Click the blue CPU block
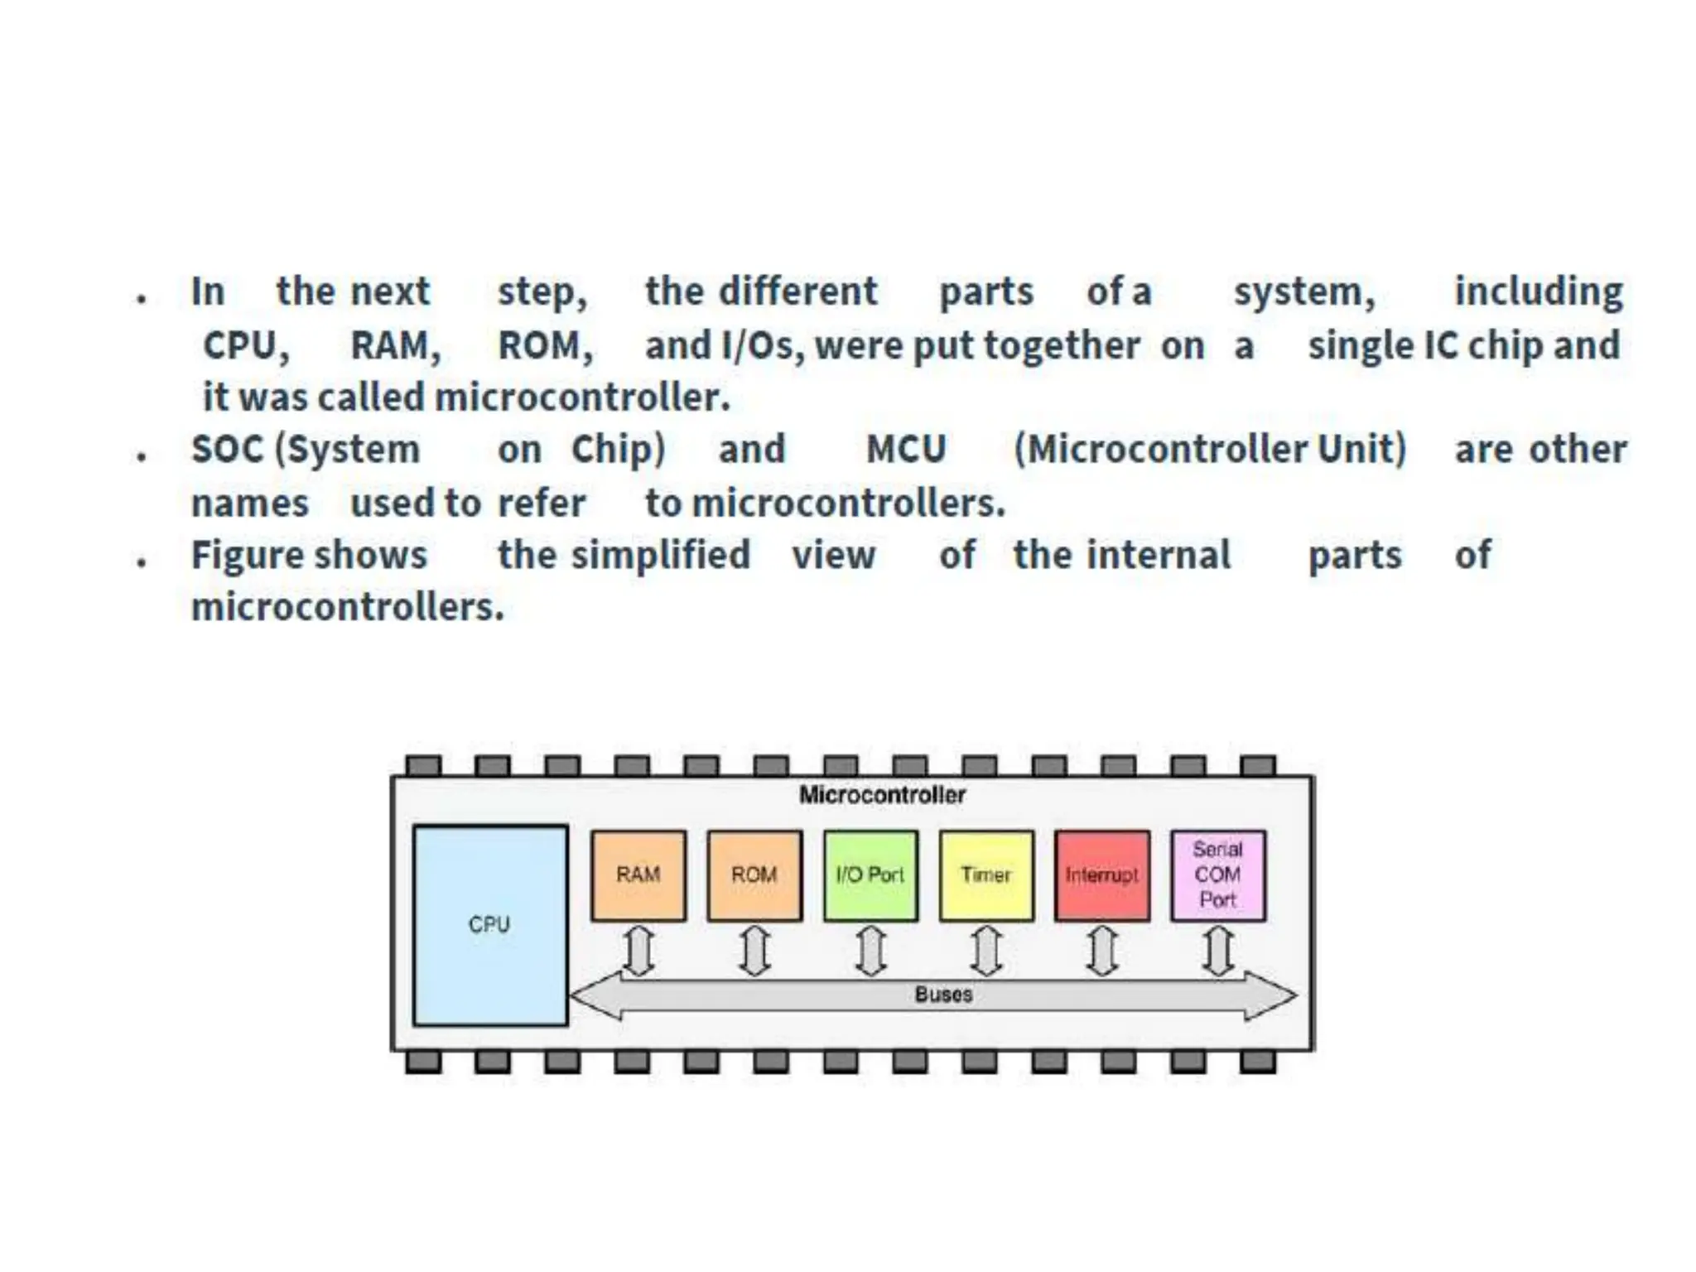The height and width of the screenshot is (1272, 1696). [490, 925]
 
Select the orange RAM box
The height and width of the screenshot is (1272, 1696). [638, 875]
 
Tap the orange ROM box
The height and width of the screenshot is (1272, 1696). [754, 875]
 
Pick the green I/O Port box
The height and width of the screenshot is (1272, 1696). [870, 875]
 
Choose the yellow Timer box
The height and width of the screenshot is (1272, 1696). [986, 875]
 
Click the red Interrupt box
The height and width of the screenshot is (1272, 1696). [1102, 875]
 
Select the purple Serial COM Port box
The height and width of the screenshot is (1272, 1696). [1218, 875]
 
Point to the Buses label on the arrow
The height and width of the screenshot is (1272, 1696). [943, 995]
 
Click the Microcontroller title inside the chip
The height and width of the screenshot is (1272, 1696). [882, 795]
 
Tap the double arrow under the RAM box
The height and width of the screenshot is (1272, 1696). [638, 951]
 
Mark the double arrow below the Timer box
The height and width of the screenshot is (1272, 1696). [986, 951]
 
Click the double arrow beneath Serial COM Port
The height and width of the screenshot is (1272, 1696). [1218, 951]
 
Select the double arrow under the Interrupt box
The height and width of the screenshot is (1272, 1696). [1102, 951]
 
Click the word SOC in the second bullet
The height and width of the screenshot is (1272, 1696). [227, 450]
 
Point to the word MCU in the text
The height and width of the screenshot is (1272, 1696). [906, 450]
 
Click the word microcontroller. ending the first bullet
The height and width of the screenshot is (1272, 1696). [582, 397]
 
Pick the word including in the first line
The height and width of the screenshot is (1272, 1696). [1539, 291]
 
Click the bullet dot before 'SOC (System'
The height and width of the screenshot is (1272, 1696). [142, 455]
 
